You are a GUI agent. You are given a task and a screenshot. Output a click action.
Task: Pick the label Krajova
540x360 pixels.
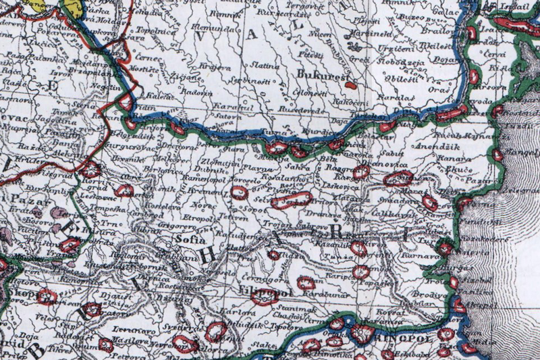point(192,70)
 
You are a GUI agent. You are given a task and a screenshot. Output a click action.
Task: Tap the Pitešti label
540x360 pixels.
point(312,53)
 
